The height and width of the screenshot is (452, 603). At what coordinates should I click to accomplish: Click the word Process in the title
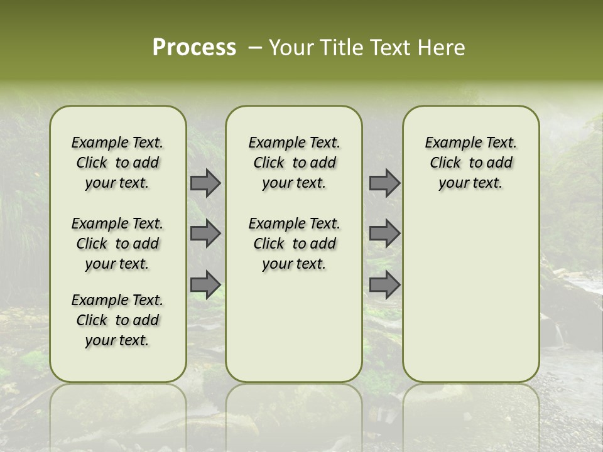pyautogui.click(x=194, y=48)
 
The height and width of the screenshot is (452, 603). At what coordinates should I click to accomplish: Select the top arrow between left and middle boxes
pyautogui.click(x=205, y=183)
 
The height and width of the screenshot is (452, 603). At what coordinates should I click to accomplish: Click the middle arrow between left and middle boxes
pyautogui.click(x=205, y=234)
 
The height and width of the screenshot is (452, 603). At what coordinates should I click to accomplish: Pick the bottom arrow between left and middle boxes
pyautogui.click(x=205, y=284)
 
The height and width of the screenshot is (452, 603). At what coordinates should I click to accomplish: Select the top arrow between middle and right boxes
pyautogui.click(x=384, y=183)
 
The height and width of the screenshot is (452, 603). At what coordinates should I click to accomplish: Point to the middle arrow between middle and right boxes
pyautogui.click(x=384, y=234)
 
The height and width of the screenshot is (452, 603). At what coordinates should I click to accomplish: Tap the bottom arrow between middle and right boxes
pyautogui.click(x=384, y=284)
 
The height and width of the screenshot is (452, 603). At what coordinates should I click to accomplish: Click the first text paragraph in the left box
pyautogui.click(x=117, y=163)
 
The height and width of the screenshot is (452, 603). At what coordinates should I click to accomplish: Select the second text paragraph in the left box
pyautogui.click(x=117, y=244)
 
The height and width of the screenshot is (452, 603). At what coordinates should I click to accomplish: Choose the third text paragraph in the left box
pyautogui.click(x=117, y=320)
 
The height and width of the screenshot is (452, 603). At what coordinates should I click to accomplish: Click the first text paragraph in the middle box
pyautogui.click(x=294, y=163)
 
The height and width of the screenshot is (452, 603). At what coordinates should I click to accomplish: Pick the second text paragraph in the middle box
pyautogui.click(x=294, y=244)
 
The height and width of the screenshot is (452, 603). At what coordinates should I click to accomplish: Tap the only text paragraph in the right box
pyautogui.click(x=470, y=163)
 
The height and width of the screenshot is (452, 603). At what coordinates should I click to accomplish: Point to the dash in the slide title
pyautogui.click(x=254, y=48)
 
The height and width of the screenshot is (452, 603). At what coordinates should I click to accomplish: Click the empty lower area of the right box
pyautogui.click(x=470, y=295)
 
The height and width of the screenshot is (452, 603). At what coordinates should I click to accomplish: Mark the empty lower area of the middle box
pyautogui.click(x=294, y=326)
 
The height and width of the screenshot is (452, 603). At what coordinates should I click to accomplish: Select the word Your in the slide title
pyautogui.click(x=291, y=48)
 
